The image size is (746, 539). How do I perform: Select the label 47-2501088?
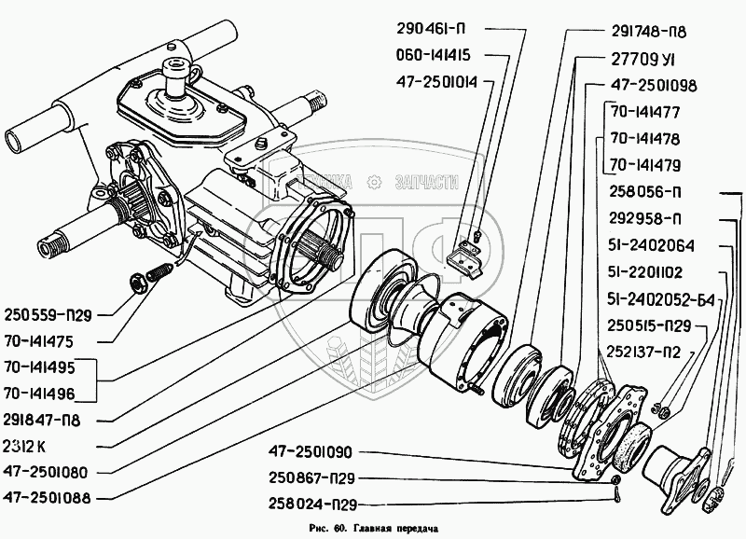coord(48,497)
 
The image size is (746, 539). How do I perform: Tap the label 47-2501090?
coord(291,453)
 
